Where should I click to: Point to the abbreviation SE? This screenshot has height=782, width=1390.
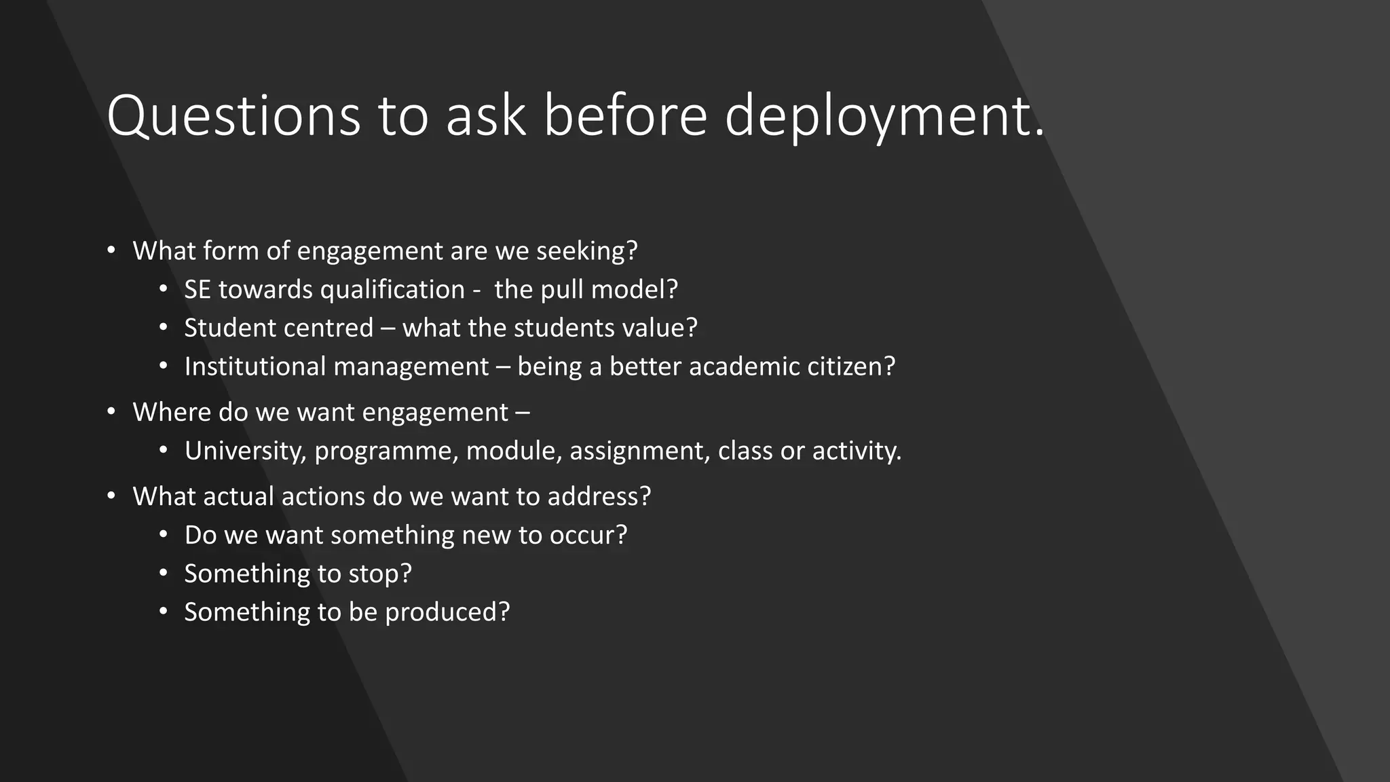(198, 290)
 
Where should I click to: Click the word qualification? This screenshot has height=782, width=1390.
(392, 290)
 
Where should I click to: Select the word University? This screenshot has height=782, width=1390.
(244, 451)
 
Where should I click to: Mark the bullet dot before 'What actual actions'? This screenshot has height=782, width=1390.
(111, 497)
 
